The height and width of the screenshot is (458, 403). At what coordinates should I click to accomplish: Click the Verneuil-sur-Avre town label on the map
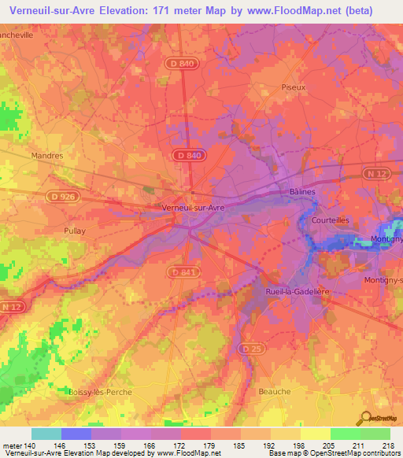[194, 207]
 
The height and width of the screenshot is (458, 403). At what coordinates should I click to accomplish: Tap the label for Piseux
[293, 87]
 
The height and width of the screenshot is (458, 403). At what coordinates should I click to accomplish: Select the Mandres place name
[46, 156]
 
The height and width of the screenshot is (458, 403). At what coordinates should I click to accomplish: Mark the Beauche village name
[274, 391]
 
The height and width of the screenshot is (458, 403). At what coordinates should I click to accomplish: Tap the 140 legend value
[31, 445]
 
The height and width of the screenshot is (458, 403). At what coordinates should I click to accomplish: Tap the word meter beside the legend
[11, 445]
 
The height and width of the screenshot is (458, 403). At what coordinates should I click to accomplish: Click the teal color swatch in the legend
[46, 434]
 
